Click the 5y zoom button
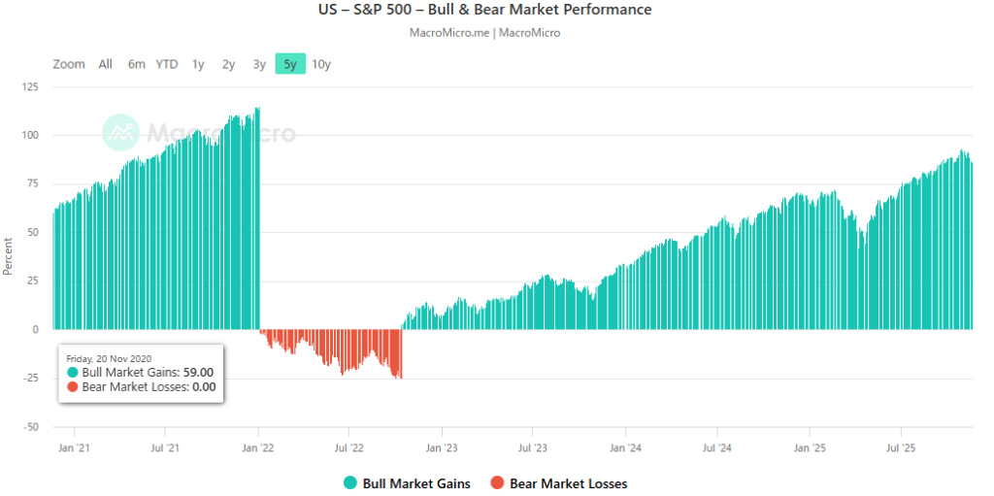click(289, 64)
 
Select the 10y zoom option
click(321, 64)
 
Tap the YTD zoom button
click(167, 64)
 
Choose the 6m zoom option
click(136, 64)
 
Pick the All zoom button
click(105, 64)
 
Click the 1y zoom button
click(198, 64)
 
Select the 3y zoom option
click(259, 64)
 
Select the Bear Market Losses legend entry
click(558, 483)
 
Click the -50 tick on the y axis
click(30, 427)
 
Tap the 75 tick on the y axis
click(33, 183)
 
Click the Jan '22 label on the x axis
click(257, 448)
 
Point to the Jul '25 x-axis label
click(901, 448)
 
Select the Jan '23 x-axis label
click(442, 448)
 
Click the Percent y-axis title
click(8, 256)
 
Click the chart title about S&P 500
click(496, 10)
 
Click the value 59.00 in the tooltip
click(198, 372)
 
